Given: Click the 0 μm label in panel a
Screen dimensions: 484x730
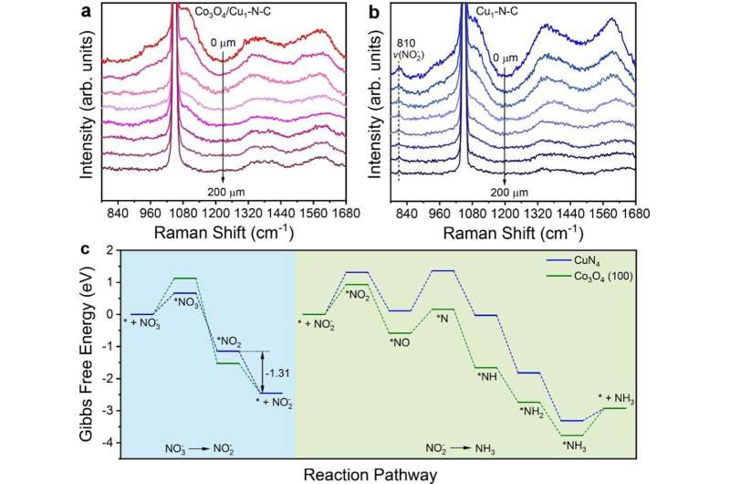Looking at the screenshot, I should tap(223, 42).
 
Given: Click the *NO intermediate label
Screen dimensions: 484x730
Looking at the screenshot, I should tap(400, 342).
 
